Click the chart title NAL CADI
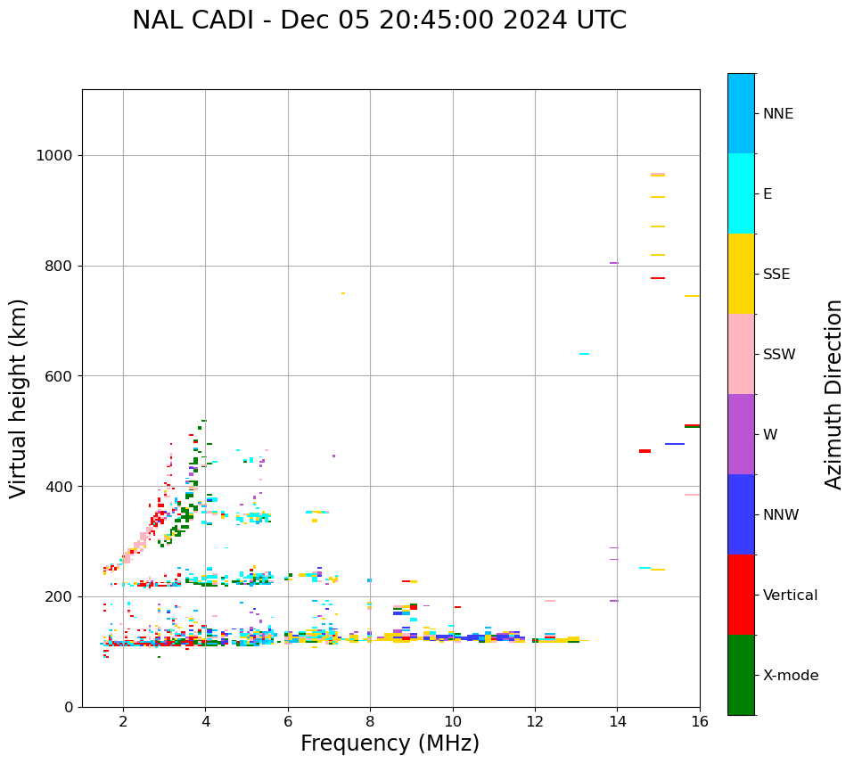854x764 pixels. click(379, 21)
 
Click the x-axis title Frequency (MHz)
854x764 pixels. click(390, 743)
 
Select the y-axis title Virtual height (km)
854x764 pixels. click(19, 398)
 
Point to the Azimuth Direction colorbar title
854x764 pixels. click(833, 394)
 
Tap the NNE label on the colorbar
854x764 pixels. click(777, 114)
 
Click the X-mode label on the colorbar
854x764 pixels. click(791, 676)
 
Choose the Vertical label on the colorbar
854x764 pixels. click(790, 596)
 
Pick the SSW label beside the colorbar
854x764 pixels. click(779, 355)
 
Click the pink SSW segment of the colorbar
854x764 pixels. click(741, 354)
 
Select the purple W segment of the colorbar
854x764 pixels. click(741, 434)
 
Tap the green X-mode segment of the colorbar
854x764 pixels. click(741, 675)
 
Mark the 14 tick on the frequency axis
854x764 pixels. click(617, 721)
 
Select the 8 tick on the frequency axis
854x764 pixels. click(370, 721)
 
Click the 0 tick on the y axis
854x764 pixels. click(68, 707)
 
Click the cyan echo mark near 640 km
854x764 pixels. click(584, 354)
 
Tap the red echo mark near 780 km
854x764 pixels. click(658, 278)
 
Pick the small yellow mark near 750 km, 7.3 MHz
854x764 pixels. click(343, 293)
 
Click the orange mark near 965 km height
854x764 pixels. click(658, 175)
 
